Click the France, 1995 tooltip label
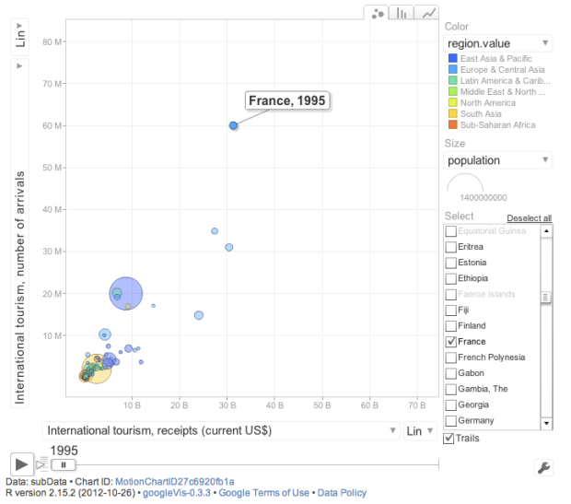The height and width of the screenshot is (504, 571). pyautogui.click(x=287, y=100)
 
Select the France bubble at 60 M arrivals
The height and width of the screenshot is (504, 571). pyautogui.click(x=234, y=125)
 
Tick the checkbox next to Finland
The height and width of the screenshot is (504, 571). pyautogui.click(x=451, y=326)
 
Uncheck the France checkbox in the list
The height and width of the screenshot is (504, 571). pyautogui.click(x=451, y=342)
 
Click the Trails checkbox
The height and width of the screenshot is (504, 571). pyautogui.click(x=449, y=439)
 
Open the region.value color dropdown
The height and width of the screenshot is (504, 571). pyautogui.click(x=497, y=43)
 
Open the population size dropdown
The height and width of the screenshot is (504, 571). pyautogui.click(x=497, y=160)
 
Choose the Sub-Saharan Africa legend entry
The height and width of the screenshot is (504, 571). pyautogui.click(x=496, y=125)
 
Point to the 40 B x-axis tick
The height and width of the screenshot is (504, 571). pyautogui.click(x=274, y=404)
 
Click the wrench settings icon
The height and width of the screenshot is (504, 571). pyautogui.click(x=542, y=467)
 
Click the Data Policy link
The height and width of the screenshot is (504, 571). pyautogui.click(x=344, y=493)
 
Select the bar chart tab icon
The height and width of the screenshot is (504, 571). pyautogui.click(x=402, y=13)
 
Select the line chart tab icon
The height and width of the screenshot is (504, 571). pyautogui.click(x=428, y=13)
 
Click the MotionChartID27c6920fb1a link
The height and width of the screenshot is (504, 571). pyautogui.click(x=174, y=482)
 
